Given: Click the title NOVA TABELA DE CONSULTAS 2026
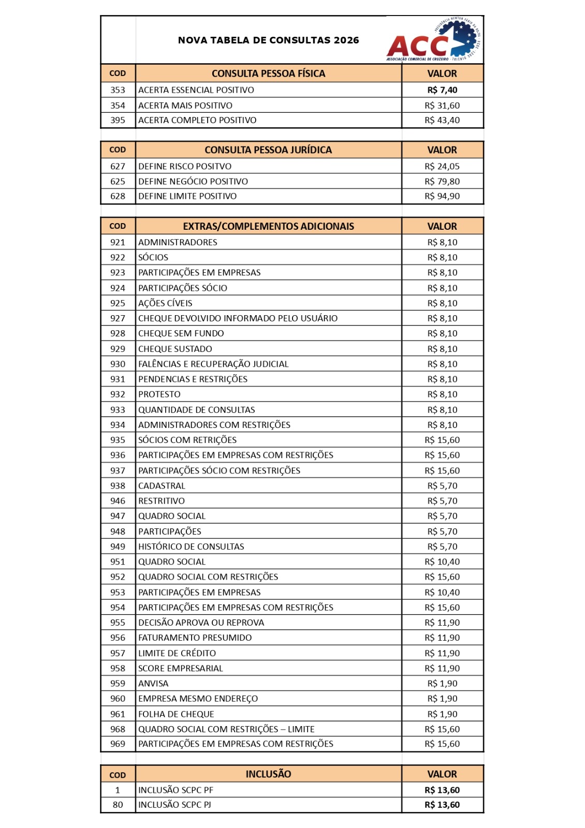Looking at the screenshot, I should click(268, 40).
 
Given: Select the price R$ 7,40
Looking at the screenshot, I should click(442, 90).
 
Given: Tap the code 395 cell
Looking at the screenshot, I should click(118, 120).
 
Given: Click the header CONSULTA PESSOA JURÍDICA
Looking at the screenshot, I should click(268, 150).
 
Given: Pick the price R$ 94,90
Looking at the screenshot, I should click(442, 196).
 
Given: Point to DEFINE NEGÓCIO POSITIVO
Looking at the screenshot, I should click(193, 182).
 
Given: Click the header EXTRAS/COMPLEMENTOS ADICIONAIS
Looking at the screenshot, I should click(268, 226).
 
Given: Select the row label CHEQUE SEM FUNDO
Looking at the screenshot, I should click(181, 333).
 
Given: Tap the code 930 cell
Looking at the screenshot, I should click(118, 364).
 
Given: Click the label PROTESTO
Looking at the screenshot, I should click(159, 394).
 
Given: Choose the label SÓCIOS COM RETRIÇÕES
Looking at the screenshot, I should click(187, 440).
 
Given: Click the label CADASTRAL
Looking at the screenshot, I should click(162, 485).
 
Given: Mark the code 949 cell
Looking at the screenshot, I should click(118, 546).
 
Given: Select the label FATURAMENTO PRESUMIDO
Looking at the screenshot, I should click(195, 638).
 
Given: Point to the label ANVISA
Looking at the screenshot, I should click(153, 683).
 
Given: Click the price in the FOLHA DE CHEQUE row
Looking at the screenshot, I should click(442, 714).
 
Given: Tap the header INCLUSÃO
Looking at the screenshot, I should click(268, 774).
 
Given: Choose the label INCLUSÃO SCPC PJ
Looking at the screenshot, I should click(174, 805).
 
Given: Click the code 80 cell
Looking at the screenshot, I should click(118, 805).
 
